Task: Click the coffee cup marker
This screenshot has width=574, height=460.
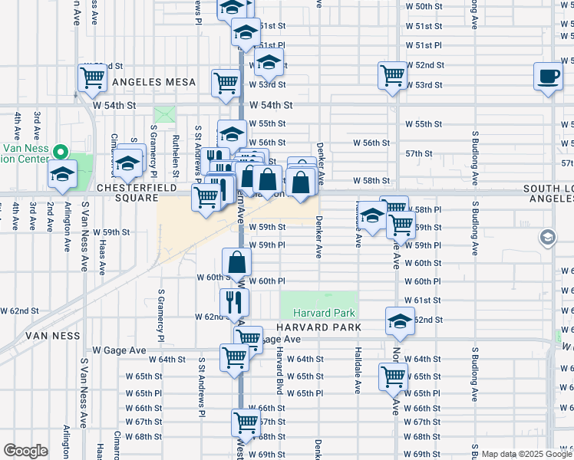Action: (548, 77)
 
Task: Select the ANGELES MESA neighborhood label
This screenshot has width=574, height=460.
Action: (150, 81)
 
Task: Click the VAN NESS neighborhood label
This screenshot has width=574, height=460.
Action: (53, 336)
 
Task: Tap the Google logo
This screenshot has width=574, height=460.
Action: (25, 451)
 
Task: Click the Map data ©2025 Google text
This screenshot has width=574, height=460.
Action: (526, 454)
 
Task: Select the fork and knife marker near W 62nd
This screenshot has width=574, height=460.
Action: (235, 302)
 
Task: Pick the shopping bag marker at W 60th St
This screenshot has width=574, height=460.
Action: (238, 261)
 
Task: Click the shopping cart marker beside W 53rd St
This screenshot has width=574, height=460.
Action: (392, 75)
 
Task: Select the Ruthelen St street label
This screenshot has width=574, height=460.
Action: (176, 149)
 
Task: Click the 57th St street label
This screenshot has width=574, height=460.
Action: (419, 153)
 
